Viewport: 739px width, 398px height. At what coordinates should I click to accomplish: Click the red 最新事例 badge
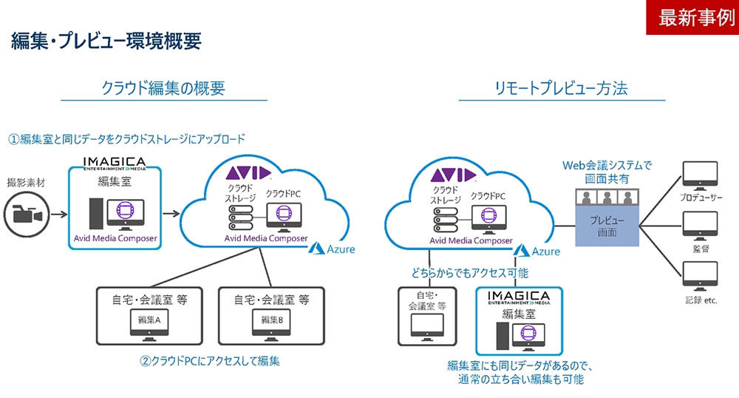[692, 18]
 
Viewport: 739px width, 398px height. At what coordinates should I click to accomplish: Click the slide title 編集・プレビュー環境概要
[106, 41]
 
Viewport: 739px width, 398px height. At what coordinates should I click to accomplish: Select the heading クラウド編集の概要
[163, 89]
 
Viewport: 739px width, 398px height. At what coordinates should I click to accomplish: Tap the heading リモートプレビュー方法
[562, 89]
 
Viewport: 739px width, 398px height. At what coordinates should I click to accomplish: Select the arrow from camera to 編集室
[58, 214]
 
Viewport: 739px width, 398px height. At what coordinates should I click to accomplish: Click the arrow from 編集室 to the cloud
[172, 214]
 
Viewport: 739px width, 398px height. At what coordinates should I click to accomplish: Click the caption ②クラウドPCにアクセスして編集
[211, 362]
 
